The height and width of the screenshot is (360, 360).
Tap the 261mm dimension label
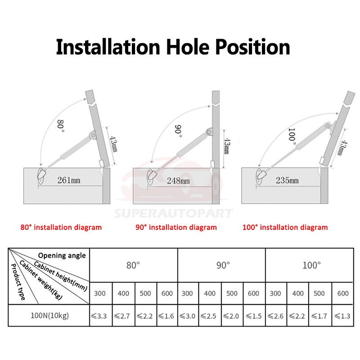[69, 180]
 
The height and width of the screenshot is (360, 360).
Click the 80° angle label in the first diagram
[60, 126]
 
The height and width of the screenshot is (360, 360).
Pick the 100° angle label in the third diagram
[292, 135]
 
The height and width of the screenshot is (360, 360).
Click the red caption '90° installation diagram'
[176, 227]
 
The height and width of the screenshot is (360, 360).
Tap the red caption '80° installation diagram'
[61, 227]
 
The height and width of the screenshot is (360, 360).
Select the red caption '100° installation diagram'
[285, 227]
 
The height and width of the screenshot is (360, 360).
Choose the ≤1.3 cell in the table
[343, 315]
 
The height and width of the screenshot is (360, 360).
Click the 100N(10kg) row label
[49, 315]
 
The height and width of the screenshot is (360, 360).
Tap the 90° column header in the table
[222, 265]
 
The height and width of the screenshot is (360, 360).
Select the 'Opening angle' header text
[62, 255]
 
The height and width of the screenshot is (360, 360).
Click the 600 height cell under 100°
[343, 293]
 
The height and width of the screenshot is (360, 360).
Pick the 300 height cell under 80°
[100, 293]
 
